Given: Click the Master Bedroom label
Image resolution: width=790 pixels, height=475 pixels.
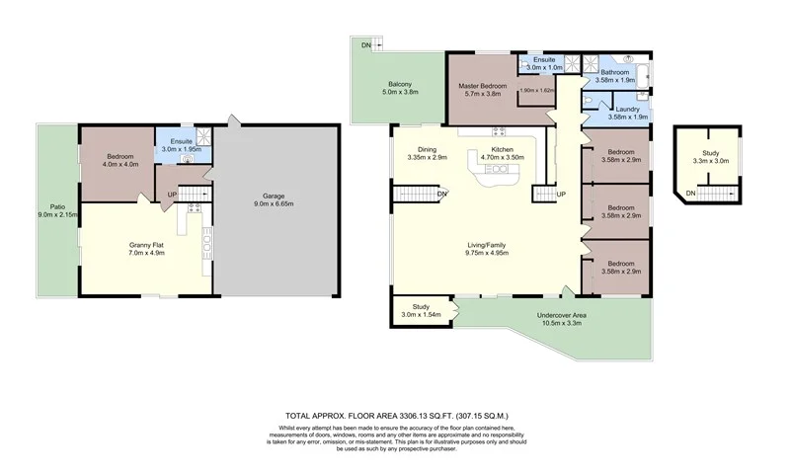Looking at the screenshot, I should [x=482, y=87].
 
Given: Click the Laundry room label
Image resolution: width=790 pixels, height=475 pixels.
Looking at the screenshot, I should [x=629, y=109].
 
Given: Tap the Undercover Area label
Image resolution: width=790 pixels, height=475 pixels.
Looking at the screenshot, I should [x=562, y=315].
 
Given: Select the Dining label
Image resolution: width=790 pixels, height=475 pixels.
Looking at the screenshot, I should [x=428, y=148].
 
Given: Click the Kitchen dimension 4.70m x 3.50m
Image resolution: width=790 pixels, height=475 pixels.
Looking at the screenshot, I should [x=501, y=157].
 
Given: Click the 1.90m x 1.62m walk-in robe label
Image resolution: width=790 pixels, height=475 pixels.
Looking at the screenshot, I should [x=537, y=90].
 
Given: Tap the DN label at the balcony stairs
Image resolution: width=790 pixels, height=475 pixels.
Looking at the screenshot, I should [x=365, y=45].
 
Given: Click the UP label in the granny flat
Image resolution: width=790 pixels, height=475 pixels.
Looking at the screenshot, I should [x=173, y=195].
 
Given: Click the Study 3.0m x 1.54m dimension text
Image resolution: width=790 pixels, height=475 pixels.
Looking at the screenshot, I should [x=419, y=314].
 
